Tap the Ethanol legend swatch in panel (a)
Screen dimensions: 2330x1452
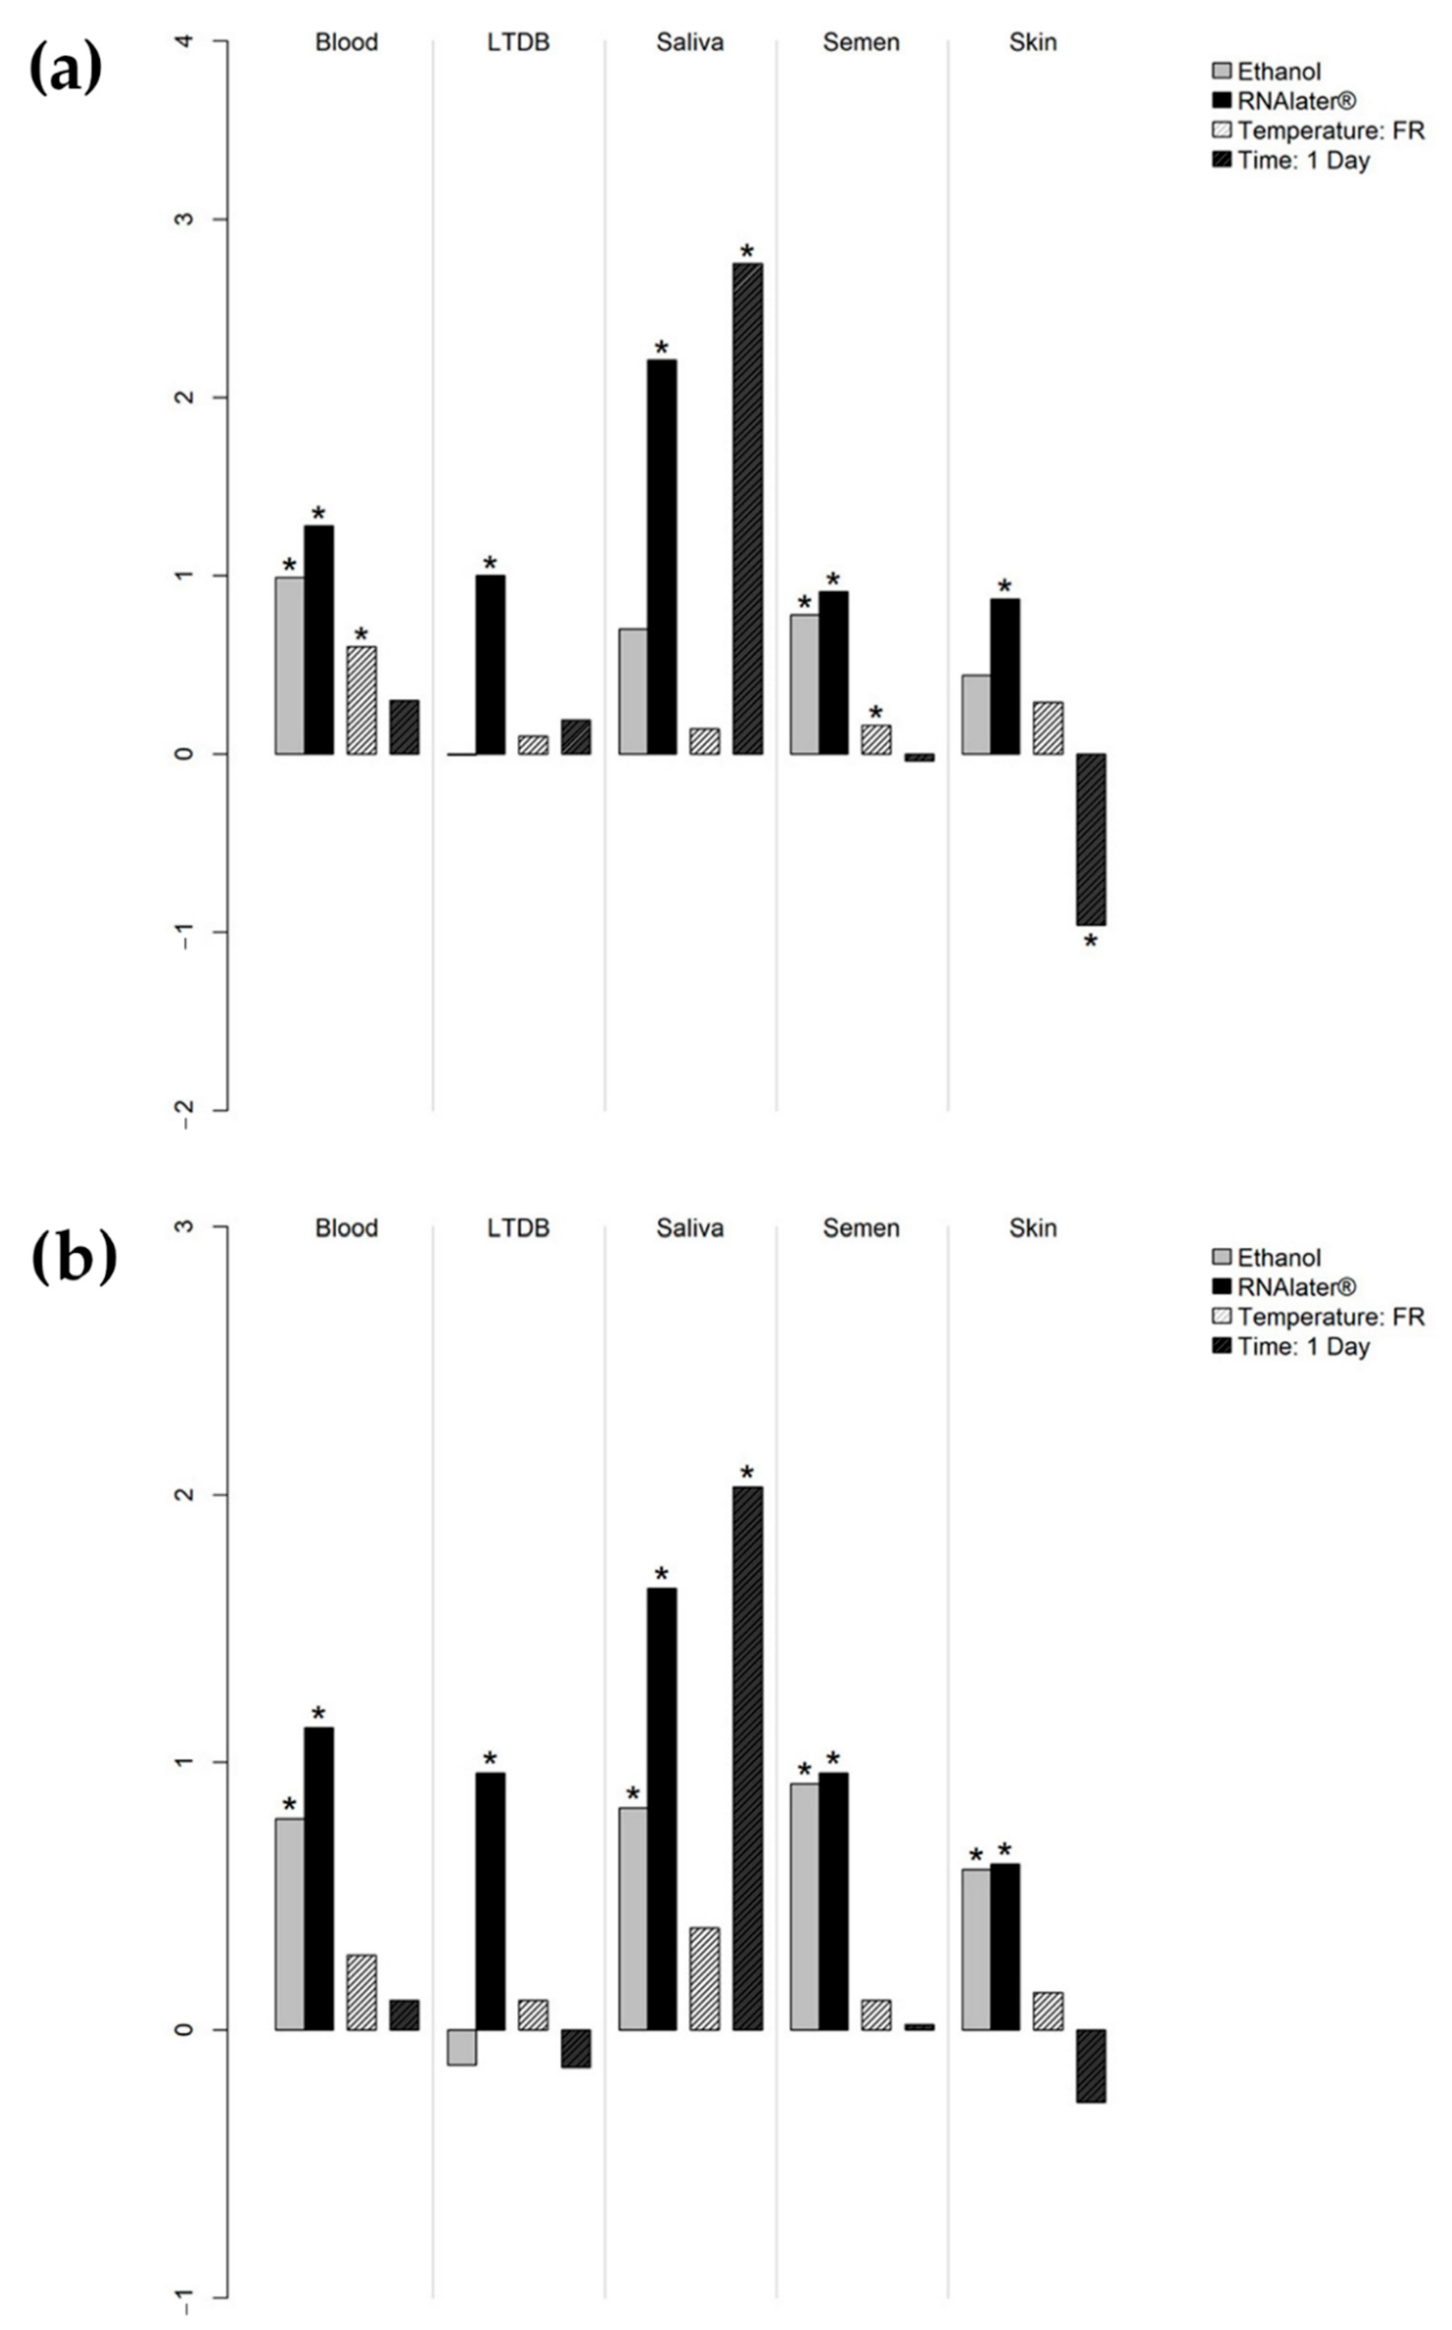(1221, 71)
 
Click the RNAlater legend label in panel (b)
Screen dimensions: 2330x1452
(1296, 1287)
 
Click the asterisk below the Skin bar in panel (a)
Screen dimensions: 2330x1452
(1090, 943)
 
